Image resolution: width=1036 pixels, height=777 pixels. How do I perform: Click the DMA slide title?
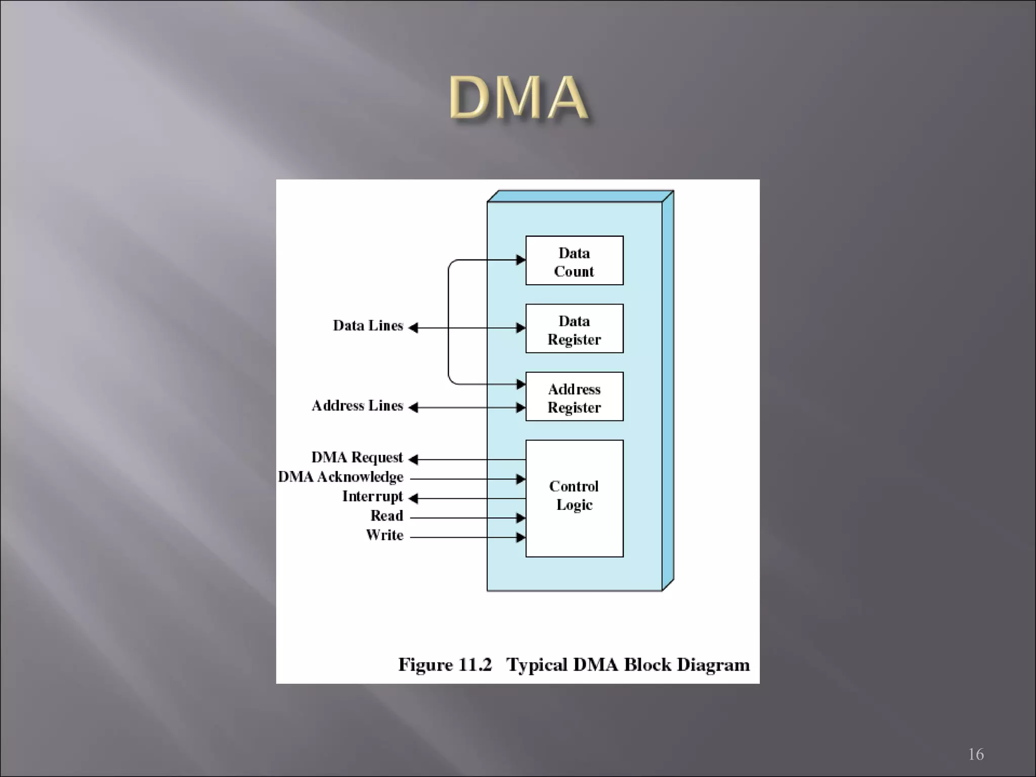pos(519,98)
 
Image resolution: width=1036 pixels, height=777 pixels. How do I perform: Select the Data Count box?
pos(574,261)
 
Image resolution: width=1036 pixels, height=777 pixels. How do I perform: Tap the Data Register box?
pos(574,329)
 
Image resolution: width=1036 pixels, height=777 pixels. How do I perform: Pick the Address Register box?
pos(574,397)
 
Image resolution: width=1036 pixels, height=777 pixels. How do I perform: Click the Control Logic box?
pos(574,498)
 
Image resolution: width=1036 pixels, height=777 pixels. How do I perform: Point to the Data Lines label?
pos(368,326)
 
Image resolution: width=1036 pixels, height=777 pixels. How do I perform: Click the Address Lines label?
pos(357,406)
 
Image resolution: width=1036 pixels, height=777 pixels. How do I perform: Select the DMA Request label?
pos(357,458)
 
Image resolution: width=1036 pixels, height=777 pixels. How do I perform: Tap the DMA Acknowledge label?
pos(340,477)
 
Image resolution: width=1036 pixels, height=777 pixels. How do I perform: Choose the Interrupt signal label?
pos(372,497)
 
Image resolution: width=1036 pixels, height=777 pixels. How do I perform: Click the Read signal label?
pos(386,516)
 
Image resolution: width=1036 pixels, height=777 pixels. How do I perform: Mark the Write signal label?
pos(384,535)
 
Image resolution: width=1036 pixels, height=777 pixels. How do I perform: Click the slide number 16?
pos(976,754)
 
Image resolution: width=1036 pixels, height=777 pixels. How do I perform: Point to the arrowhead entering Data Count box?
pos(521,260)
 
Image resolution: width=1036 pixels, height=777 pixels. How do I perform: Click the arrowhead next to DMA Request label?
pos(413,459)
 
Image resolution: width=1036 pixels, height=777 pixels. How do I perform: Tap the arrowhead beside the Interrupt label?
pos(413,499)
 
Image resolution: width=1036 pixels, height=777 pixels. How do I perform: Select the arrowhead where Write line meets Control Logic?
pos(521,537)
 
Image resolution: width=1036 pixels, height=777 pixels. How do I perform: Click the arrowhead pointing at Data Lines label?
pos(413,328)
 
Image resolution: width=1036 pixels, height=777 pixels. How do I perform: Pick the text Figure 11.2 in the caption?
pos(445,665)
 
